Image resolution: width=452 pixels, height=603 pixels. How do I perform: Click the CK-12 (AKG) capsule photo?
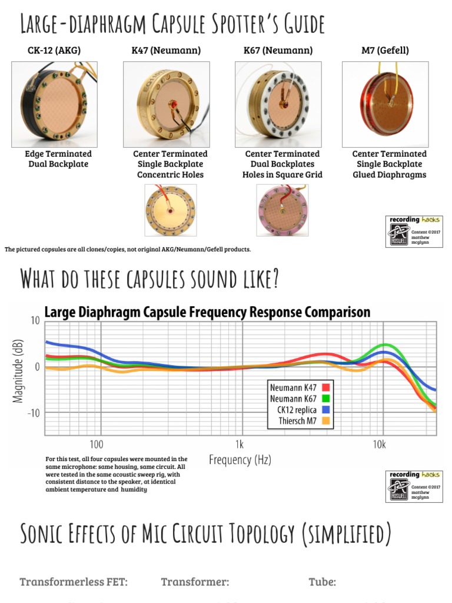click(54, 104)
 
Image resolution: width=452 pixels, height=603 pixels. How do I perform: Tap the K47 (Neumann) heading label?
click(166, 51)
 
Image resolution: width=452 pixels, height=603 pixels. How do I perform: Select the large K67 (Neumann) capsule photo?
click(278, 104)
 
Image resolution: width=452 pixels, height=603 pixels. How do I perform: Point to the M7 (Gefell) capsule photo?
click(385, 104)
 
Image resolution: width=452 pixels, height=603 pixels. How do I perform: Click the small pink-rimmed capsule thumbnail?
click(282, 210)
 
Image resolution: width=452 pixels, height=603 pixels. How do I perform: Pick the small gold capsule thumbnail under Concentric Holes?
click(171, 210)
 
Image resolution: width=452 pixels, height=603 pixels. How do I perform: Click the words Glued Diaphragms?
click(389, 175)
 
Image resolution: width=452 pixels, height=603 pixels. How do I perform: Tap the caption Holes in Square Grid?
click(282, 175)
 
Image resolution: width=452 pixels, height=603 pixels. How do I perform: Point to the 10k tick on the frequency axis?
click(379, 443)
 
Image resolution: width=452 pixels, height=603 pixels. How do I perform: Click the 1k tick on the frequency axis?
click(239, 443)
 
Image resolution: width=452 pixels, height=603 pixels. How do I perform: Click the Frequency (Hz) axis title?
click(240, 460)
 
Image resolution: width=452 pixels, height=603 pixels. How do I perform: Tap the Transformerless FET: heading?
click(74, 582)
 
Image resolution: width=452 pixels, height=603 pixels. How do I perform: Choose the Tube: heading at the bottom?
click(322, 582)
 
